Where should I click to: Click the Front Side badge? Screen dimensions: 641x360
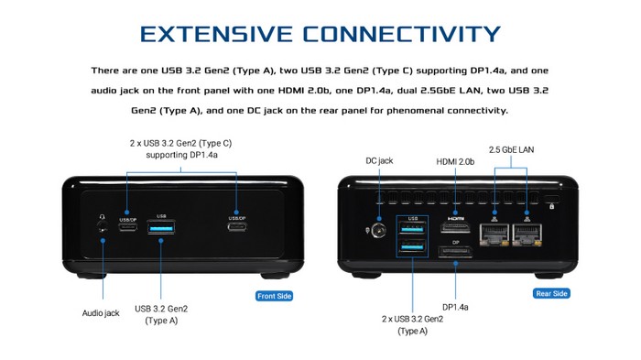[x=275, y=296]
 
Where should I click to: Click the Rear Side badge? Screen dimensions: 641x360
[x=551, y=293]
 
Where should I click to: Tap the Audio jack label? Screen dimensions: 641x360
[x=101, y=313]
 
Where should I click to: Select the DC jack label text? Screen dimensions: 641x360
[x=379, y=161]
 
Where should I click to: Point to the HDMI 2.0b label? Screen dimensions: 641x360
[x=455, y=161]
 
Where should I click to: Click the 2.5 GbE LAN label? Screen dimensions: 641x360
[x=511, y=149]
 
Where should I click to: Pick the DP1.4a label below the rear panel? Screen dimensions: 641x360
[x=455, y=307]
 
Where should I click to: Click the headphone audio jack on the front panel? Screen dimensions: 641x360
[x=102, y=225]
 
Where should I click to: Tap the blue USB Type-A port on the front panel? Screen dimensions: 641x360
[x=161, y=226]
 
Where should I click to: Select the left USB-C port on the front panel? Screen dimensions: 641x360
[x=128, y=226]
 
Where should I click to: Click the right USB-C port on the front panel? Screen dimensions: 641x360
[x=237, y=226]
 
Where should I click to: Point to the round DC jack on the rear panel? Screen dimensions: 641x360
[x=379, y=231]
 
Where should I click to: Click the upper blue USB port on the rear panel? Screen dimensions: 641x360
[x=412, y=228]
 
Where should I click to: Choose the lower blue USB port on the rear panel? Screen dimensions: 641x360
[x=412, y=246]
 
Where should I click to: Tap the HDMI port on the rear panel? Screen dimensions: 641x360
[x=455, y=227]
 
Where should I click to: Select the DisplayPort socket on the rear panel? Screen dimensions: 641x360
[x=455, y=251]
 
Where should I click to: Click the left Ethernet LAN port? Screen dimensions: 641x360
[x=494, y=235]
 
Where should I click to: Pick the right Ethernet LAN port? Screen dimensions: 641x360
[x=527, y=235]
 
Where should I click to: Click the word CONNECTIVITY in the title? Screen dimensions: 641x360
[x=401, y=34]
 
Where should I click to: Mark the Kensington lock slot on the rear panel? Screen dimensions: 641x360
[x=552, y=199]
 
